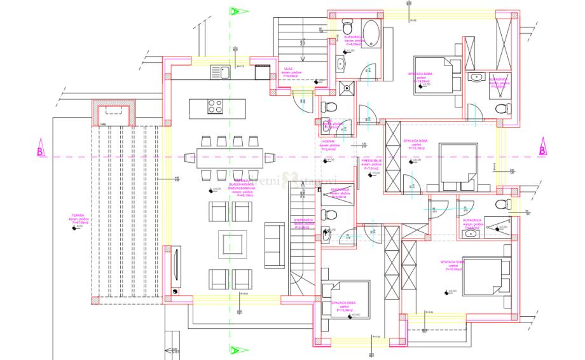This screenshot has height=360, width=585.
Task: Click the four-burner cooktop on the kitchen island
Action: tap(216, 106)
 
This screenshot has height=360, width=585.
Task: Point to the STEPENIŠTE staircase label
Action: tap(301, 220)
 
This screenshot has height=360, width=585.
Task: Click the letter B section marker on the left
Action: tap(39, 151)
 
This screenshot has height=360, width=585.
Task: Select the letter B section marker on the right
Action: tap(542, 151)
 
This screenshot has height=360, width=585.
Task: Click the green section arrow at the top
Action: tap(235, 11)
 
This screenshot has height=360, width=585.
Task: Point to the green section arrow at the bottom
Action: tap(235, 349)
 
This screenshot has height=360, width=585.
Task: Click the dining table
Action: tap(229, 157)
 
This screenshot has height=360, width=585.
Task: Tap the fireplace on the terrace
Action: tap(111, 113)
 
